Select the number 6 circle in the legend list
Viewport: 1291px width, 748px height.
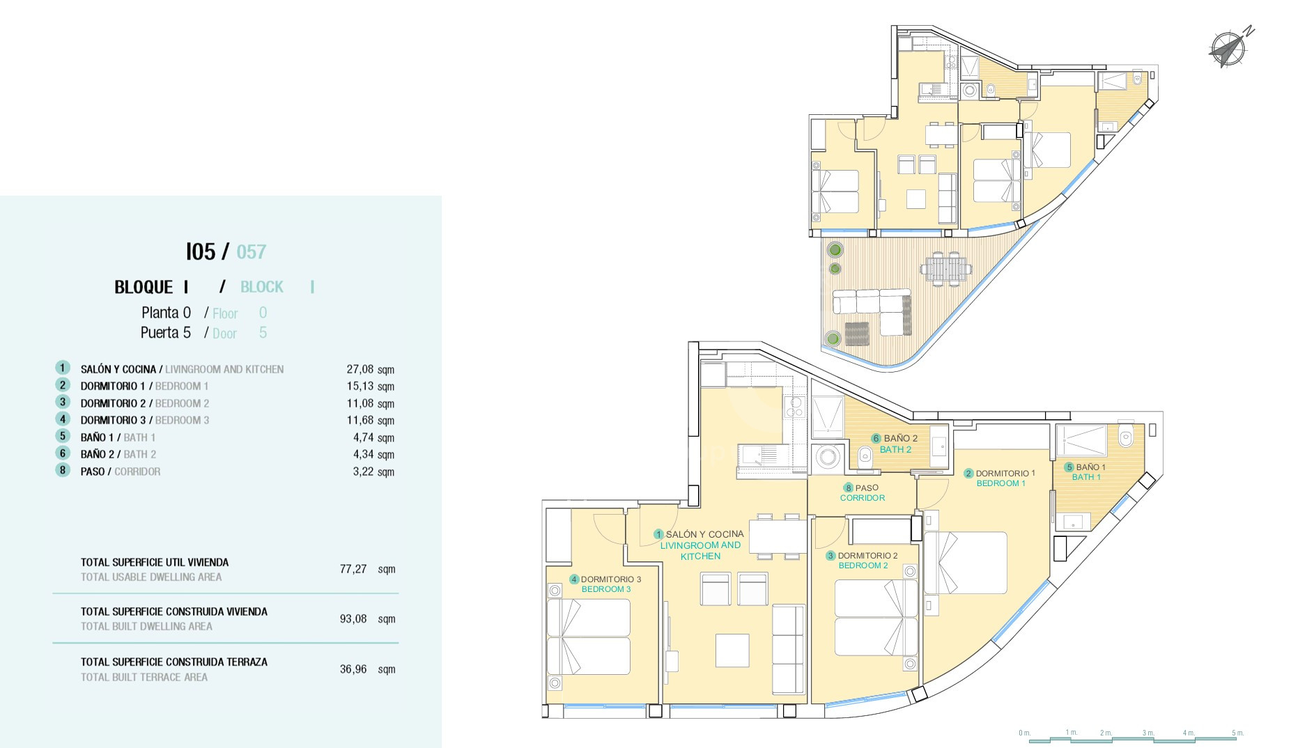pyautogui.click(x=63, y=453)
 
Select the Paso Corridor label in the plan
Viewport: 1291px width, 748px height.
pyautogui.click(x=863, y=492)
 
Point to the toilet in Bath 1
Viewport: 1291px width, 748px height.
pyautogui.click(x=1126, y=437)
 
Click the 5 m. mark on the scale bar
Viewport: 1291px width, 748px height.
pyautogui.click(x=1237, y=733)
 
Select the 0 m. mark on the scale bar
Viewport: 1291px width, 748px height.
pyautogui.click(x=1024, y=733)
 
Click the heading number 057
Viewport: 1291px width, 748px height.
pyautogui.click(x=252, y=251)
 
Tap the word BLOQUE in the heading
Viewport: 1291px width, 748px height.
pyautogui.click(x=144, y=287)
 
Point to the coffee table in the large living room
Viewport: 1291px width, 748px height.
pyautogui.click(x=732, y=650)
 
